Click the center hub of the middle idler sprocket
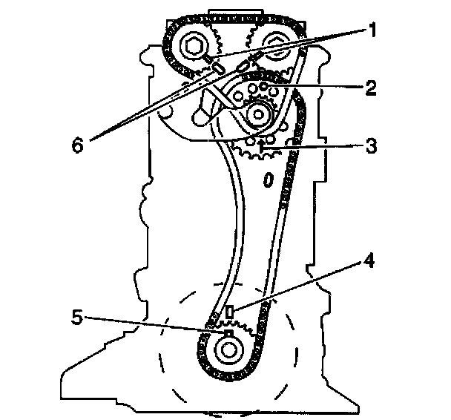[x=257, y=113]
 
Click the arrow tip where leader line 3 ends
[x=261, y=149]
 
